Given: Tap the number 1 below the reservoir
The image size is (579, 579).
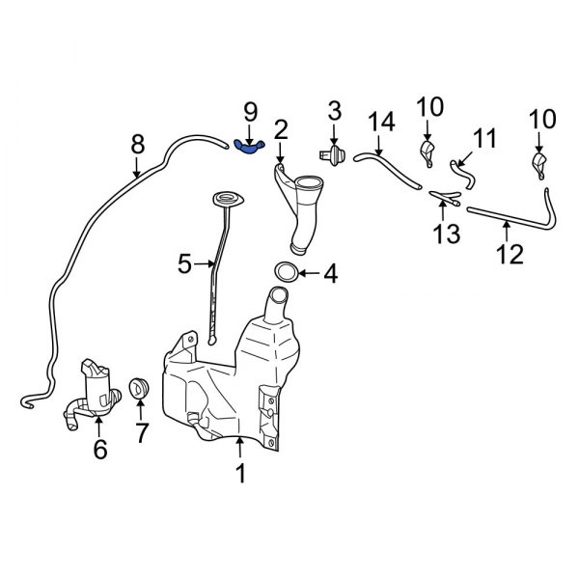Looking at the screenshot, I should [x=240, y=473].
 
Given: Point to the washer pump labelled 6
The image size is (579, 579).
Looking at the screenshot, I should [x=96, y=391].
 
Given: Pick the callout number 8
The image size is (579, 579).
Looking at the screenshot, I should [x=138, y=145].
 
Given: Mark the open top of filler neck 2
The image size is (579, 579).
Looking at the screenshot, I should [x=310, y=183].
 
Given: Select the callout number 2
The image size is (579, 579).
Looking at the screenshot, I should [x=281, y=128].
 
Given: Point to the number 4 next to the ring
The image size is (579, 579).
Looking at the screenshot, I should [x=330, y=274].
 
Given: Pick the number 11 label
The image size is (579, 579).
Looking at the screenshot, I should [x=484, y=137].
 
